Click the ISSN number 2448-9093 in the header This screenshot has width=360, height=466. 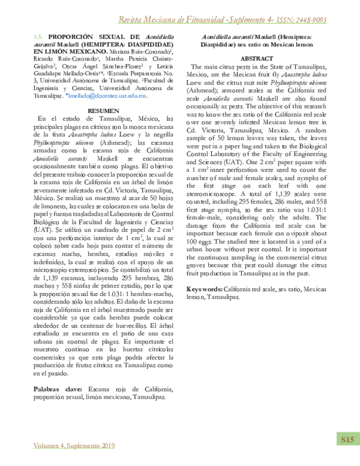coord(306,20)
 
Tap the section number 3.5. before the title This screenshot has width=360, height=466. coord(38,37)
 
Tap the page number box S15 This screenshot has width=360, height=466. coord(347,440)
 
